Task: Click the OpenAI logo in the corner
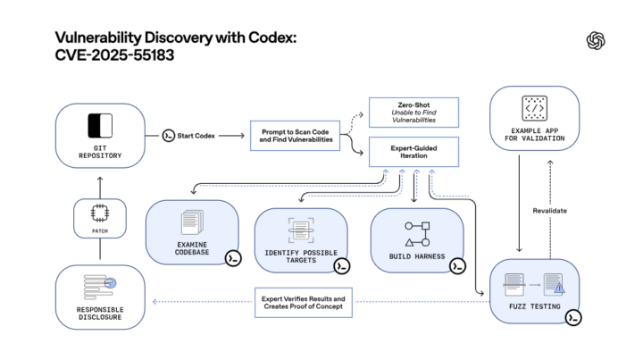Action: click(x=596, y=40)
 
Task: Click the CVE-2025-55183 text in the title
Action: click(x=111, y=55)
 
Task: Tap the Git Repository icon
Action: click(x=99, y=125)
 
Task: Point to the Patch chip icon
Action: click(x=99, y=213)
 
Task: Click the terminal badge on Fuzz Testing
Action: click(x=573, y=316)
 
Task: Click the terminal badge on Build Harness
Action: click(x=457, y=265)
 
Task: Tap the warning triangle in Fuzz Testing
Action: click(x=558, y=287)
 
